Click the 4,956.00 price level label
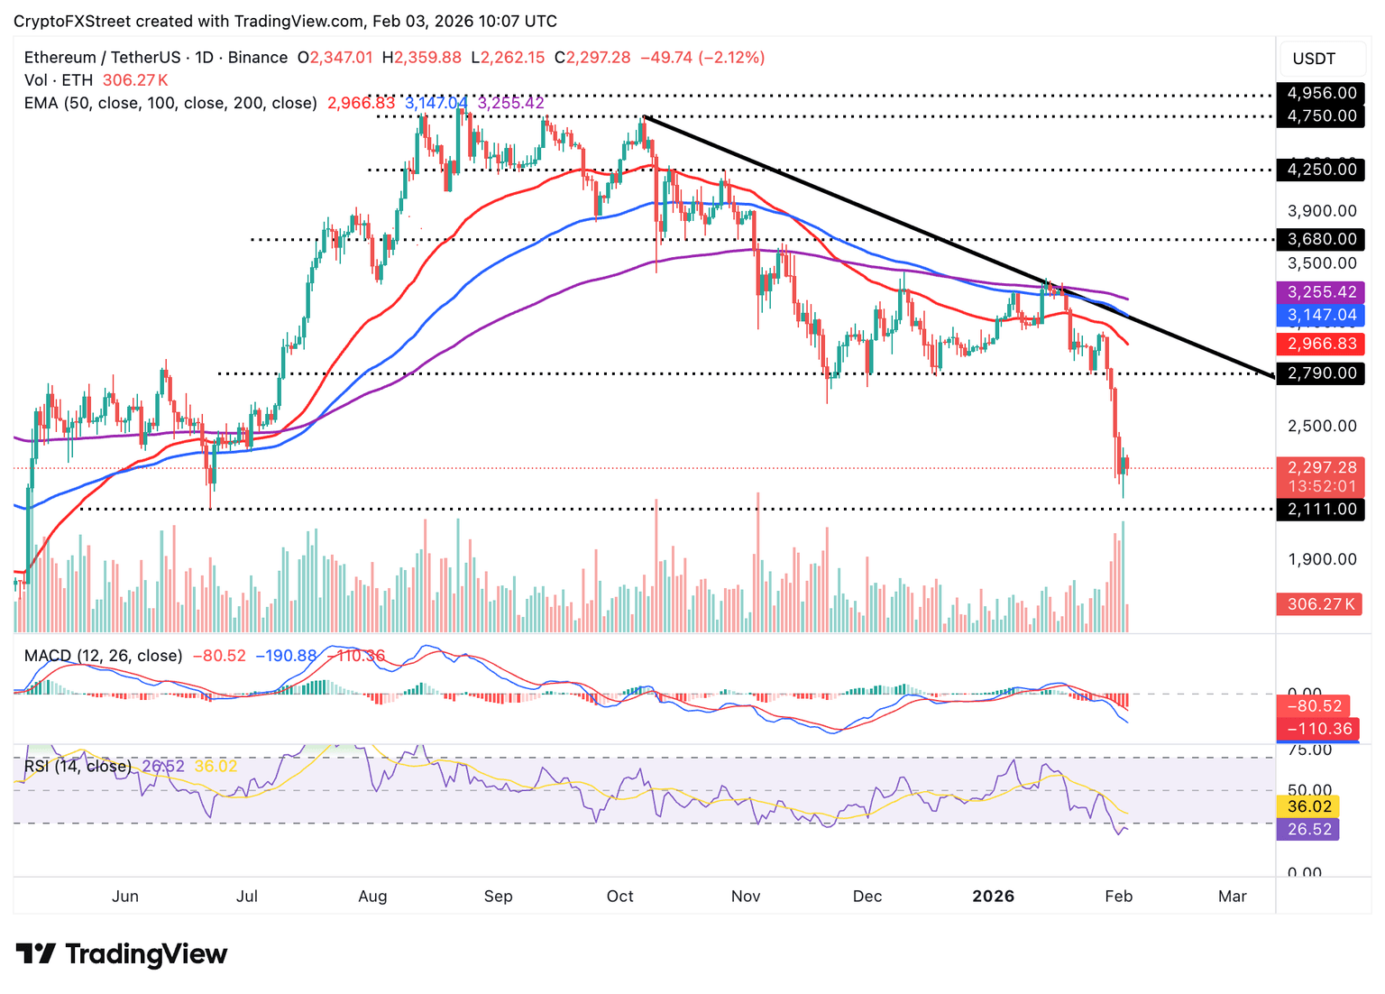1322,93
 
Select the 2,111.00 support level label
1322,510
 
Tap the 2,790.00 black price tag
1322,373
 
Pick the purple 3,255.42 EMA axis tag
1322,292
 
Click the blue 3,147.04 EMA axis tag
1322,316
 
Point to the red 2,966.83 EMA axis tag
1322,344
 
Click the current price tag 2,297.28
1322,468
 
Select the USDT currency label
1314,60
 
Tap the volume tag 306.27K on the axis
1322,604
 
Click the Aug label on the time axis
372,897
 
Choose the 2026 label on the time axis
993,897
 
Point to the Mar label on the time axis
1232,897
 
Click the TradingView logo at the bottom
122,954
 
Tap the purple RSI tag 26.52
1309,830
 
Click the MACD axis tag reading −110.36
1320,729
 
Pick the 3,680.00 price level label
1322,239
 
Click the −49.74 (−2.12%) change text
702,58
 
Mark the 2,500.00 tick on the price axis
1322,426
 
